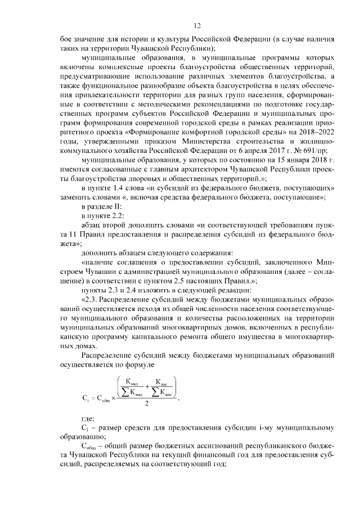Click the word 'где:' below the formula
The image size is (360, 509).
point(89,419)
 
